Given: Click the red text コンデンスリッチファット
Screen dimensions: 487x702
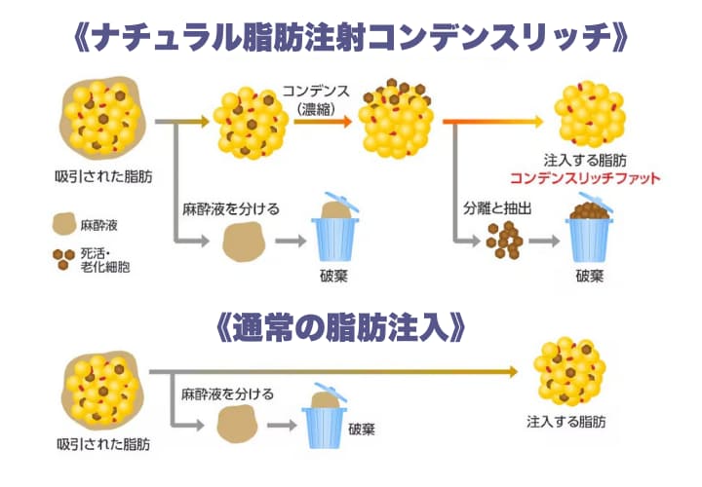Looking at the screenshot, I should pos(585,179).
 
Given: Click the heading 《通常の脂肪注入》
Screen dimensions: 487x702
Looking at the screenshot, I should pos(351,326).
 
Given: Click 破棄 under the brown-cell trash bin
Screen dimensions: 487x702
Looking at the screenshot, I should pos(590,275).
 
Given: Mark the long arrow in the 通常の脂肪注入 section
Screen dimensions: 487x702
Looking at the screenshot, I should pos(331,371).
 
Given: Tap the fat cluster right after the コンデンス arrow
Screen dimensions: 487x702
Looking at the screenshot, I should pos(397,121).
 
